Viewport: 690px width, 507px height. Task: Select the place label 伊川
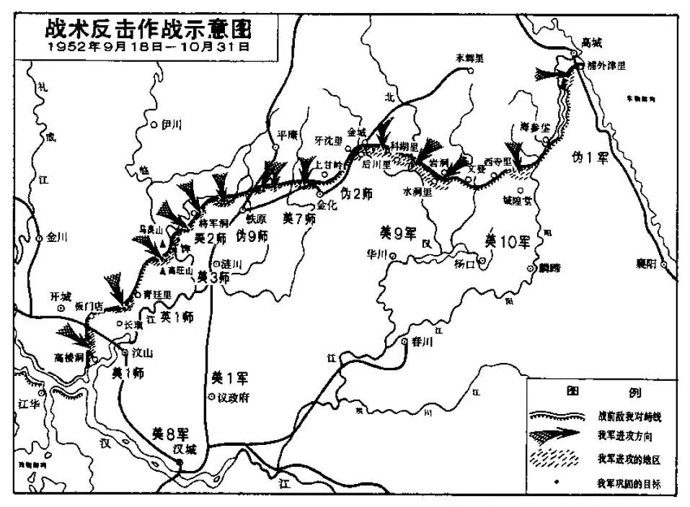tap(172, 124)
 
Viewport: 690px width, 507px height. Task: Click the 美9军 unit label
tap(399, 232)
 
